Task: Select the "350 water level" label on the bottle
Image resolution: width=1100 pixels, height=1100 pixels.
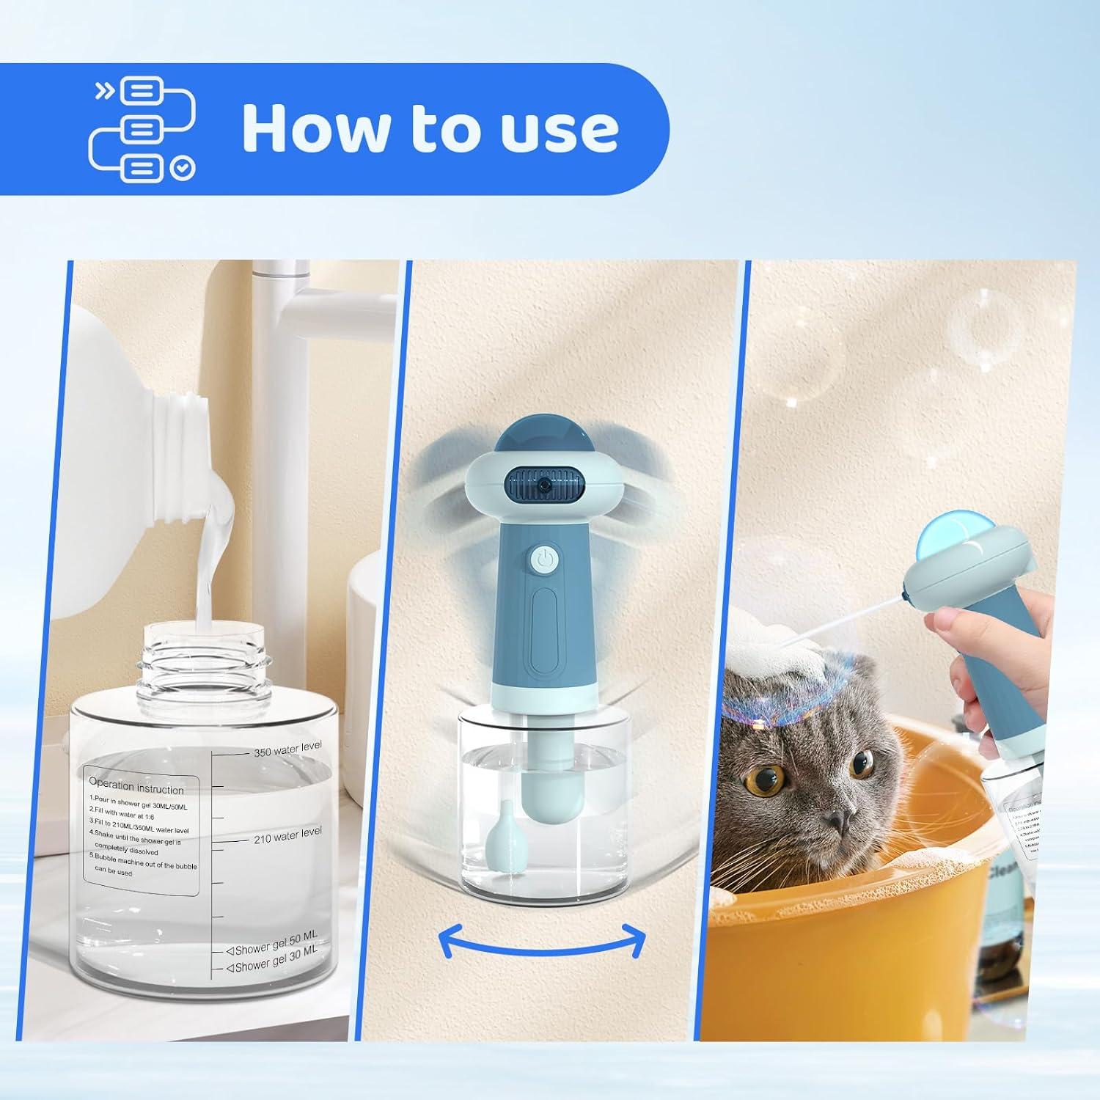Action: [x=287, y=749]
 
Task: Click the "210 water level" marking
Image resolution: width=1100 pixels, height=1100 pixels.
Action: [x=287, y=835]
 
